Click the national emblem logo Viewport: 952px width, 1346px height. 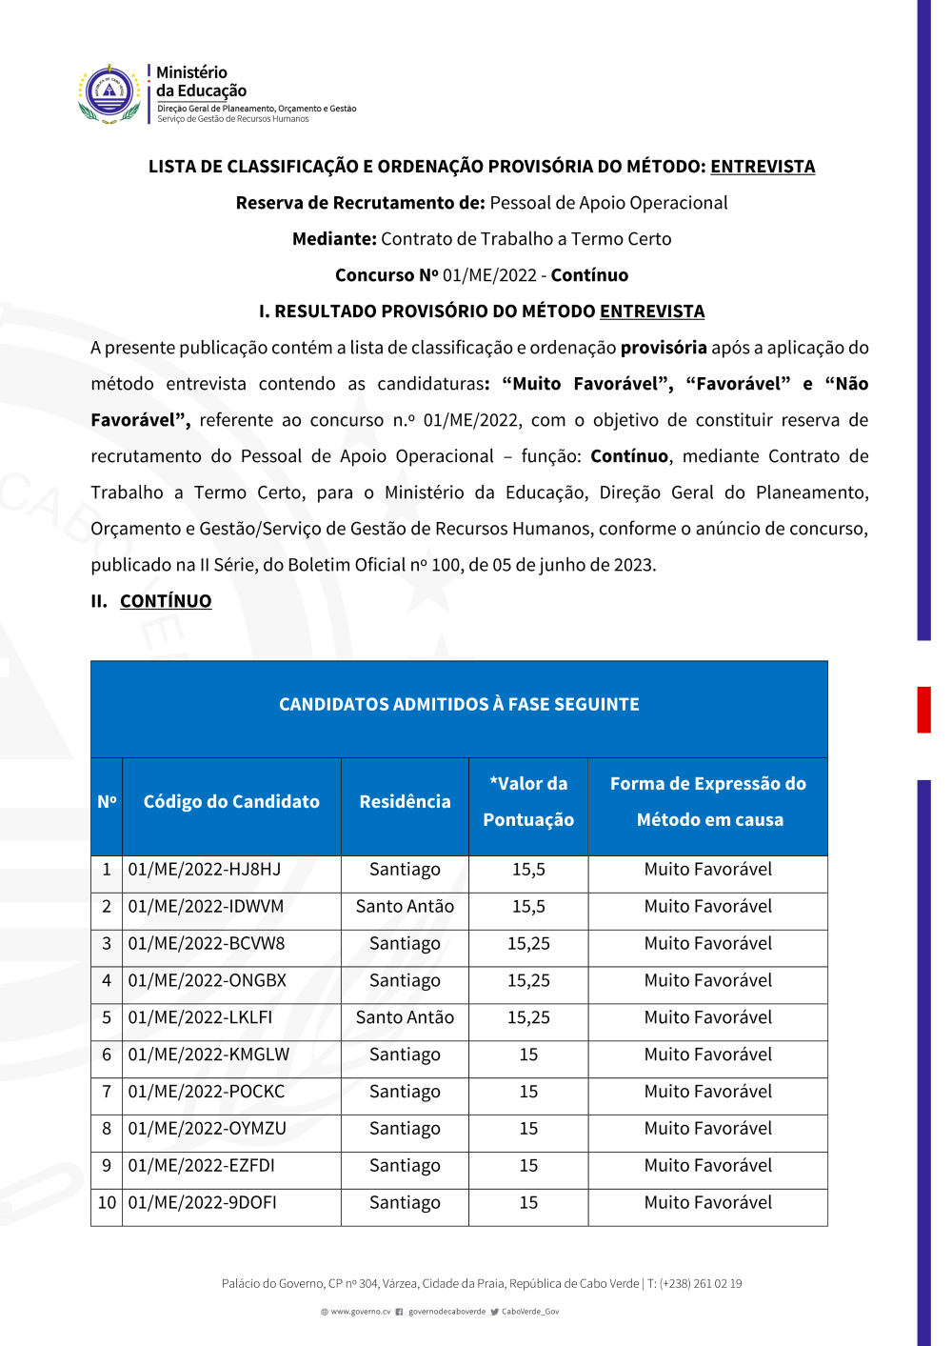(109, 93)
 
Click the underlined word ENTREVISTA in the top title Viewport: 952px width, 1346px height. (763, 167)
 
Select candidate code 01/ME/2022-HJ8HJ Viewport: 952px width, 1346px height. (205, 870)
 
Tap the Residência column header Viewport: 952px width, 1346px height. (405, 802)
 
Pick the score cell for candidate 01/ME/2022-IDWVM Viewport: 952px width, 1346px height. (528, 907)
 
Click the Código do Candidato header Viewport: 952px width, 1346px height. (231, 802)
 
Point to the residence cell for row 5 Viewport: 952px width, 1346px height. (405, 1017)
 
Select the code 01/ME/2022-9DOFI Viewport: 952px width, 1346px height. (203, 1203)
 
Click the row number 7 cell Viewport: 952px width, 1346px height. (107, 1092)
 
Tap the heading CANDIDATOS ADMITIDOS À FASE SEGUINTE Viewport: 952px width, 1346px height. (459, 705)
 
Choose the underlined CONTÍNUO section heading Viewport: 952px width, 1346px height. (166, 601)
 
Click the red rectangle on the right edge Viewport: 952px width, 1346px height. (923, 709)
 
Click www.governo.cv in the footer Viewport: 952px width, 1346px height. (360, 1312)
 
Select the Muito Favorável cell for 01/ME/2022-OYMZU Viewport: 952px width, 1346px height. (707, 1129)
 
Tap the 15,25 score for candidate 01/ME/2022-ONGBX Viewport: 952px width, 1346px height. (528, 981)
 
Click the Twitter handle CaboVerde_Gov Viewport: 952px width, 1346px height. (530, 1312)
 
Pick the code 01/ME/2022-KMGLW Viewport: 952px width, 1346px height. (208, 1055)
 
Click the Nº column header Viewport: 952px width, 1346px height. (107, 802)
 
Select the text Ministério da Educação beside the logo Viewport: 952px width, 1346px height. (201, 82)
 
